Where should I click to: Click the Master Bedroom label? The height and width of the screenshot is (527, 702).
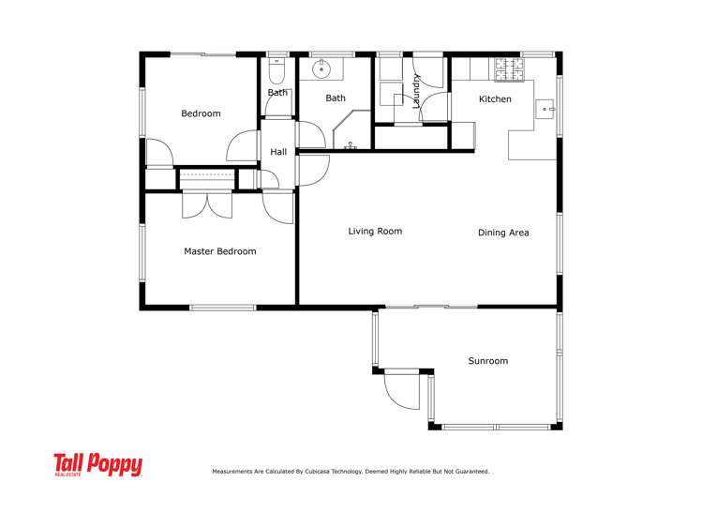(x=219, y=251)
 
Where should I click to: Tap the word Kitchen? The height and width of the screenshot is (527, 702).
(x=495, y=98)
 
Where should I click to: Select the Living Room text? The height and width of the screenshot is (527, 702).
(x=375, y=231)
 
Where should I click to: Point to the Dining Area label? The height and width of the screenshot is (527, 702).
(x=503, y=233)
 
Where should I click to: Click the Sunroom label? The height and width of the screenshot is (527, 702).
(x=487, y=361)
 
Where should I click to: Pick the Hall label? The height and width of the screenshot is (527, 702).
(x=278, y=152)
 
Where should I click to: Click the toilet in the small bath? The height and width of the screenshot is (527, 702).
(x=276, y=73)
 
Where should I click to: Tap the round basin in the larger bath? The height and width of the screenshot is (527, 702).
(x=322, y=68)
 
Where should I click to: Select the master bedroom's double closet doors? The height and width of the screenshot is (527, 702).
(x=207, y=203)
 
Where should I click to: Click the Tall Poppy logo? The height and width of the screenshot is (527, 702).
(x=97, y=465)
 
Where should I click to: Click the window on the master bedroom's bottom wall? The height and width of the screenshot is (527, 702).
(x=222, y=308)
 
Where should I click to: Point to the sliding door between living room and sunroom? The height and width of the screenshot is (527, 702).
(x=431, y=307)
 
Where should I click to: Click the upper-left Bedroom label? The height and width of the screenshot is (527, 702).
(x=201, y=113)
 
